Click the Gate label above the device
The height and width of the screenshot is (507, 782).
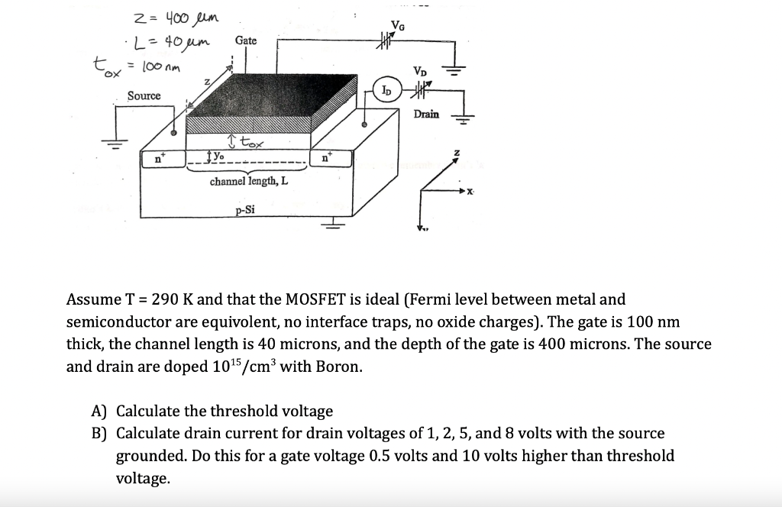click(246, 40)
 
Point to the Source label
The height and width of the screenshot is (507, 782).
click(144, 95)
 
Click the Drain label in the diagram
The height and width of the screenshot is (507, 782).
click(427, 114)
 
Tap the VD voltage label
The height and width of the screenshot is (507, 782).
click(420, 71)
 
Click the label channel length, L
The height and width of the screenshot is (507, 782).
click(249, 182)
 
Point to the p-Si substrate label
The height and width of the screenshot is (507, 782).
click(246, 211)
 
